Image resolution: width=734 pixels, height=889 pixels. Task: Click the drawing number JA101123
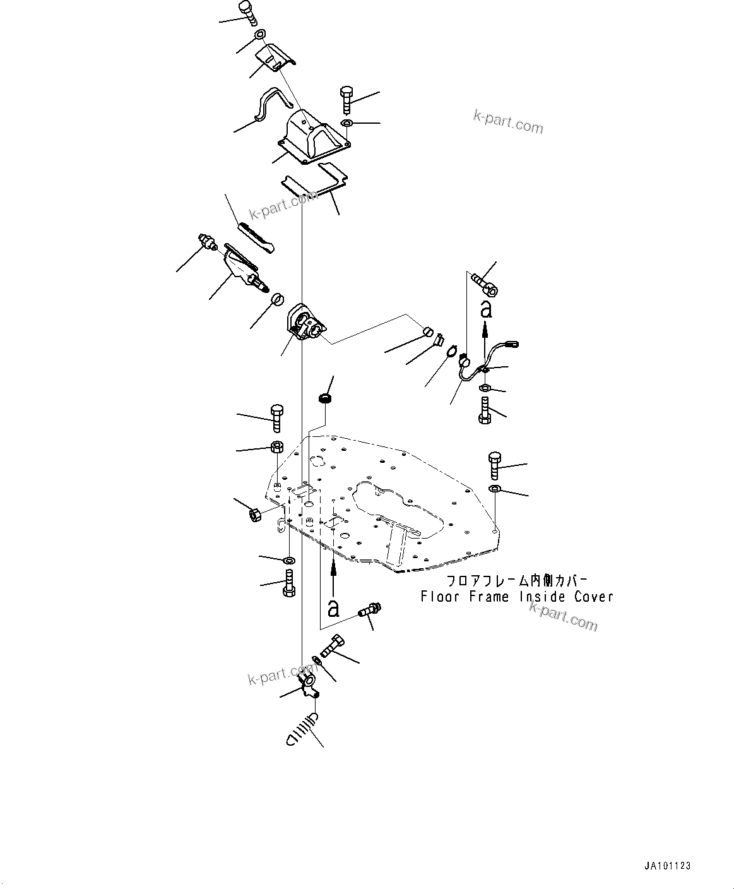click(668, 866)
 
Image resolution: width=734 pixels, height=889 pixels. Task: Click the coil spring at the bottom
click(301, 729)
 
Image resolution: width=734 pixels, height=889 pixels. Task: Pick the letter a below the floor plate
click(333, 608)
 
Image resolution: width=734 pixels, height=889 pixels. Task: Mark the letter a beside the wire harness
click(485, 309)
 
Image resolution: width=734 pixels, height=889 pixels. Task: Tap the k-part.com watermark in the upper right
click(509, 122)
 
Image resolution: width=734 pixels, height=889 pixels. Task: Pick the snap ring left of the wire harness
click(451, 351)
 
